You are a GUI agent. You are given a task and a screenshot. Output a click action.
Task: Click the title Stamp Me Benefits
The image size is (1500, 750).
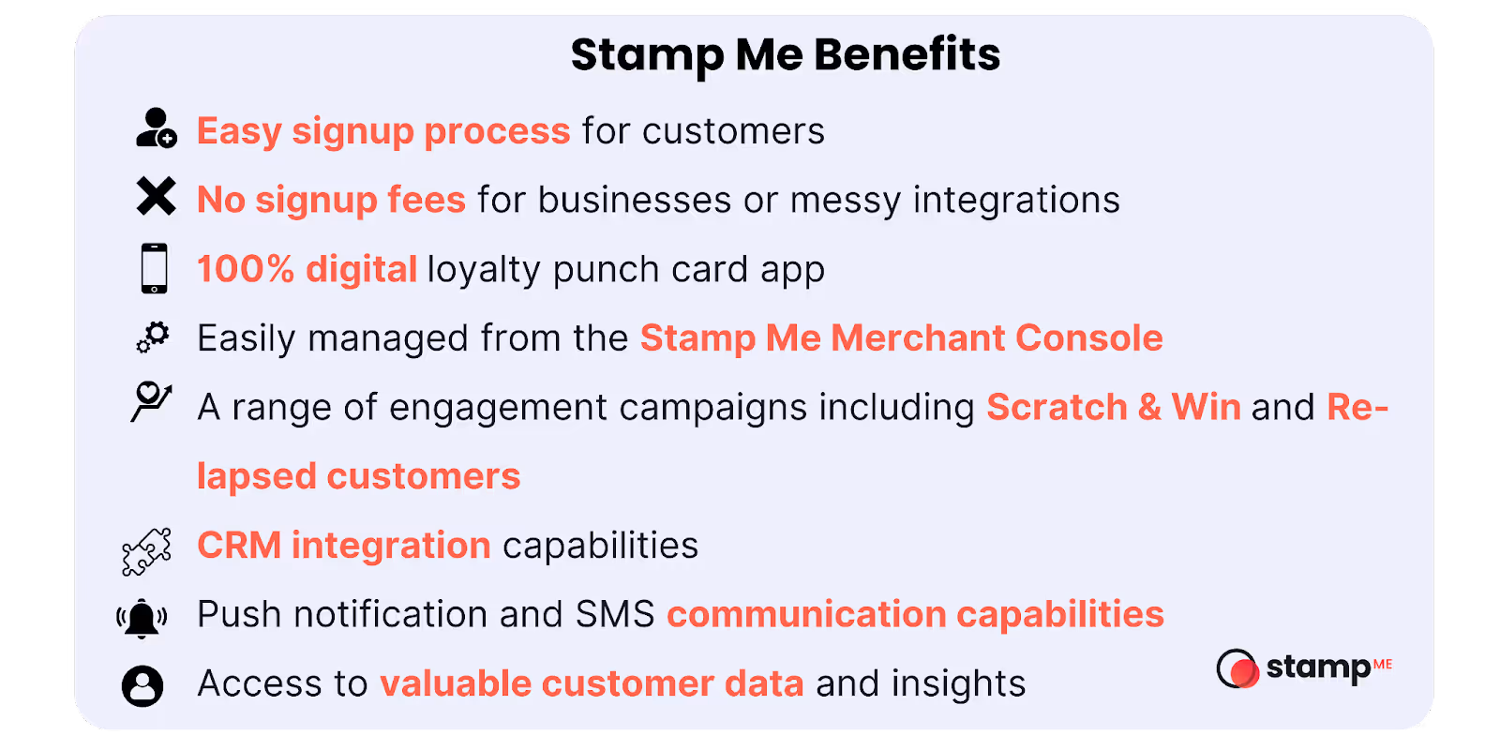click(786, 54)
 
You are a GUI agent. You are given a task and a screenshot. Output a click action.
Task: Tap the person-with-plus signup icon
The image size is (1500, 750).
click(156, 128)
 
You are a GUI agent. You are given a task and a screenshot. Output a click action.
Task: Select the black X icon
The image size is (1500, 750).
click(156, 197)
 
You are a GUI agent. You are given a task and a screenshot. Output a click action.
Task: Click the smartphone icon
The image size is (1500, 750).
click(155, 268)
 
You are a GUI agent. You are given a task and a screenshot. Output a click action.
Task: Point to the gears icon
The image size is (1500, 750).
click(154, 337)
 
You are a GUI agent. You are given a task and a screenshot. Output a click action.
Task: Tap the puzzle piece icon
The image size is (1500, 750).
click(147, 551)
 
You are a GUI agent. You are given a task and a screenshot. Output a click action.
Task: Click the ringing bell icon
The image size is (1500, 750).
click(142, 618)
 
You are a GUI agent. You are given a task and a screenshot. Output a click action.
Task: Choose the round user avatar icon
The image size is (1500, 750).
click(142, 685)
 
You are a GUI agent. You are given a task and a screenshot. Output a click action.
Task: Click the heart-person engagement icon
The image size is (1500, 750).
click(151, 401)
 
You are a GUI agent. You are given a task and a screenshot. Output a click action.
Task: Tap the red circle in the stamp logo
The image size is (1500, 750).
click(1243, 671)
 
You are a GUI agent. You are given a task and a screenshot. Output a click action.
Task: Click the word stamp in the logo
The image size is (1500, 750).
click(1318, 667)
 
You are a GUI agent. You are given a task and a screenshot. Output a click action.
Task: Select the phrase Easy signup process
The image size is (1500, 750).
click(383, 131)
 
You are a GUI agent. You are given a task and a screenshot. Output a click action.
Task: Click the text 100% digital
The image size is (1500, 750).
click(307, 269)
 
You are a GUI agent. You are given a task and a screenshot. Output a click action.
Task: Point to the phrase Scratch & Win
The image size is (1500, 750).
click(1113, 407)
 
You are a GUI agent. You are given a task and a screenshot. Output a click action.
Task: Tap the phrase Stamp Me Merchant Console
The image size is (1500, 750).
click(901, 337)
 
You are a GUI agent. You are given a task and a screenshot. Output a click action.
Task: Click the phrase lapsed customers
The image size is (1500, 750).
click(358, 476)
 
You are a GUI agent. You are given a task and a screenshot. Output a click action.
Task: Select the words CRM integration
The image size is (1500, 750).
click(344, 545)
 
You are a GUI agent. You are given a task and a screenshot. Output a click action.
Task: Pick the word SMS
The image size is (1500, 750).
click(615, 614)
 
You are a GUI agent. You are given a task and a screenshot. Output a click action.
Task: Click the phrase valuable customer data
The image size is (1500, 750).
click(592, 683)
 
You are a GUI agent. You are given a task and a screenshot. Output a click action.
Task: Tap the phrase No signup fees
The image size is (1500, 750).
click(331, 200)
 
